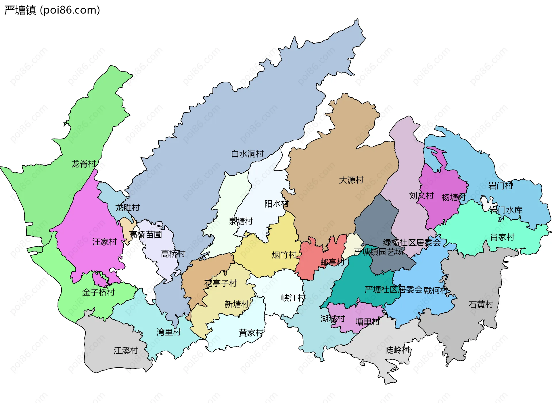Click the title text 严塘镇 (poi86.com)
pyautogui.click(x=52, y=10)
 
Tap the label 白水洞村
pyautogui.click(x=247, y=154)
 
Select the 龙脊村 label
pyautogui.click(x=84, y=164)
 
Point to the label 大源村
pyautogui.click(x=351, y=180)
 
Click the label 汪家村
pyautogui.click(x=104, y=242)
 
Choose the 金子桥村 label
pyautogui.click(x=98, y=292)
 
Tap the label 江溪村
pyautogui.click(x=126, y=350)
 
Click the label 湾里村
pyautogui.click(x=168, y=332)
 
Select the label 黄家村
pyautogui.click(x=251, y=333)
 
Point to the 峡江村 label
pyautogui.click(x=293, y=298)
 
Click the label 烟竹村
pyautogui.click(x=284, y=255)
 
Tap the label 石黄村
pyautogui.click(x=481, y=304)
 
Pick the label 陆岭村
pyautogui.click(x=397, y=350)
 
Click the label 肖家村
pyautogui.click(x=502, y=237)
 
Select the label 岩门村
pyautogui.click(x=500, y=186)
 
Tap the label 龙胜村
pyautogui.click(x=127, y=208)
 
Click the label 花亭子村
pyautogui.click(x=221, y=283)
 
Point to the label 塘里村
pyautogui.click(x=367, y=322)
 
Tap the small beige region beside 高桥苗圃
pyautogui.click(x=126, y=227)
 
